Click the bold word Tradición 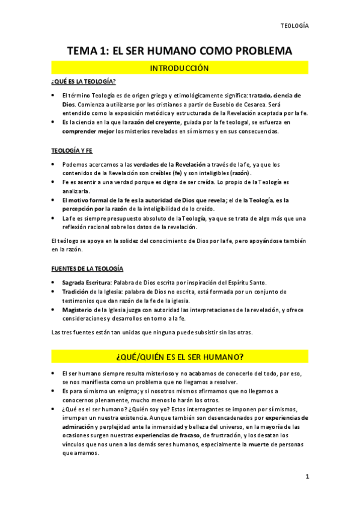coord(79,292)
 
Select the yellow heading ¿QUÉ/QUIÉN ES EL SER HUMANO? coord(179,357)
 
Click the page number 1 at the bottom coord(307,476)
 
